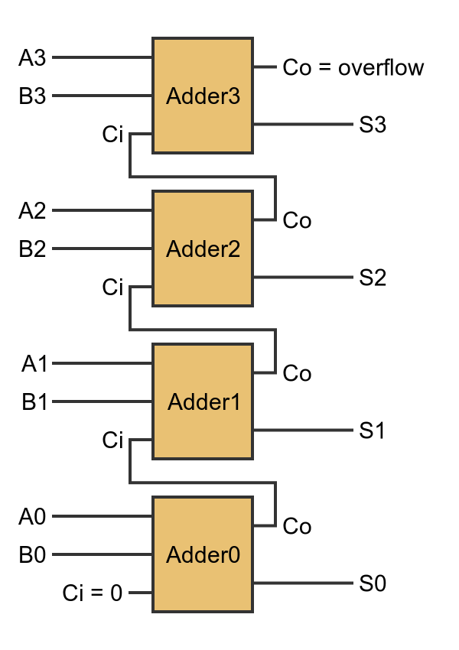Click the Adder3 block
pyautogui.click(x=203, y=96)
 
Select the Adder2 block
pyautogui.click(x=203, y=249)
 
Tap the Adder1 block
pyautogui.click(x=203, y=401)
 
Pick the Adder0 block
pyautogui.click(x=203, y=554)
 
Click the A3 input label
pyautogui.click(x=32, y=57)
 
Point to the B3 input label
pyautogui.click(x=32, y=96)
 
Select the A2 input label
pyautogui.click(x=32, y=210)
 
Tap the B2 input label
pyautogui.click(x=32, y=249)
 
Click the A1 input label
pyautogui.click(x=34, y=363)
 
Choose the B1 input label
pyautogui.click(x=34, y=401)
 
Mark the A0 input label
pyautogui.click(x=32, y=517)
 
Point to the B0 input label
pyautogui.click(x=32, y=554)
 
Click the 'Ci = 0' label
pyautogui.click(x=92, y=593)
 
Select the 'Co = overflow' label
pyautogui.click(x=353, y=67)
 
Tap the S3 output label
pyautogui.click(x=373, y=125)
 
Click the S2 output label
pyautogui.click(x=373, y=278)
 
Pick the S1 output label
pyautogui.click(x=373, y=431)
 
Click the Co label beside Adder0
pyautogui.click(x=297, y=527)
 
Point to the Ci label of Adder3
pyautogui.click(x=112, y=135)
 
